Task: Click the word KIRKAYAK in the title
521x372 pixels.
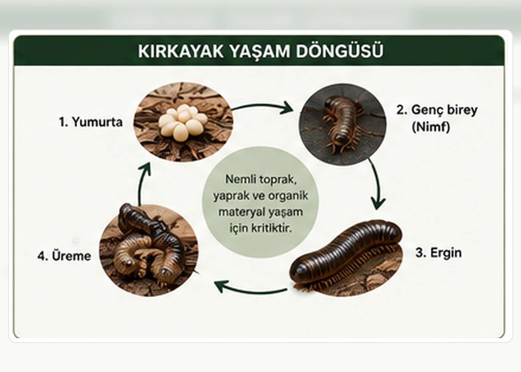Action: click(181, 51)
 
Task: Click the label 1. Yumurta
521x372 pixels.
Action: click(90, 122)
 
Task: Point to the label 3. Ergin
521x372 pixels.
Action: click(438, 253)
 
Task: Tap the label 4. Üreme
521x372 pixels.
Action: click(64, 256)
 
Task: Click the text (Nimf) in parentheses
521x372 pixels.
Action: click(431, 127)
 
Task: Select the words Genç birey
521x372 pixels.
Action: click(444, 110)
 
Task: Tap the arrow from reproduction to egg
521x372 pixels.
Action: click(141, 184)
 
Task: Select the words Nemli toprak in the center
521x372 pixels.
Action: click(261, 179)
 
